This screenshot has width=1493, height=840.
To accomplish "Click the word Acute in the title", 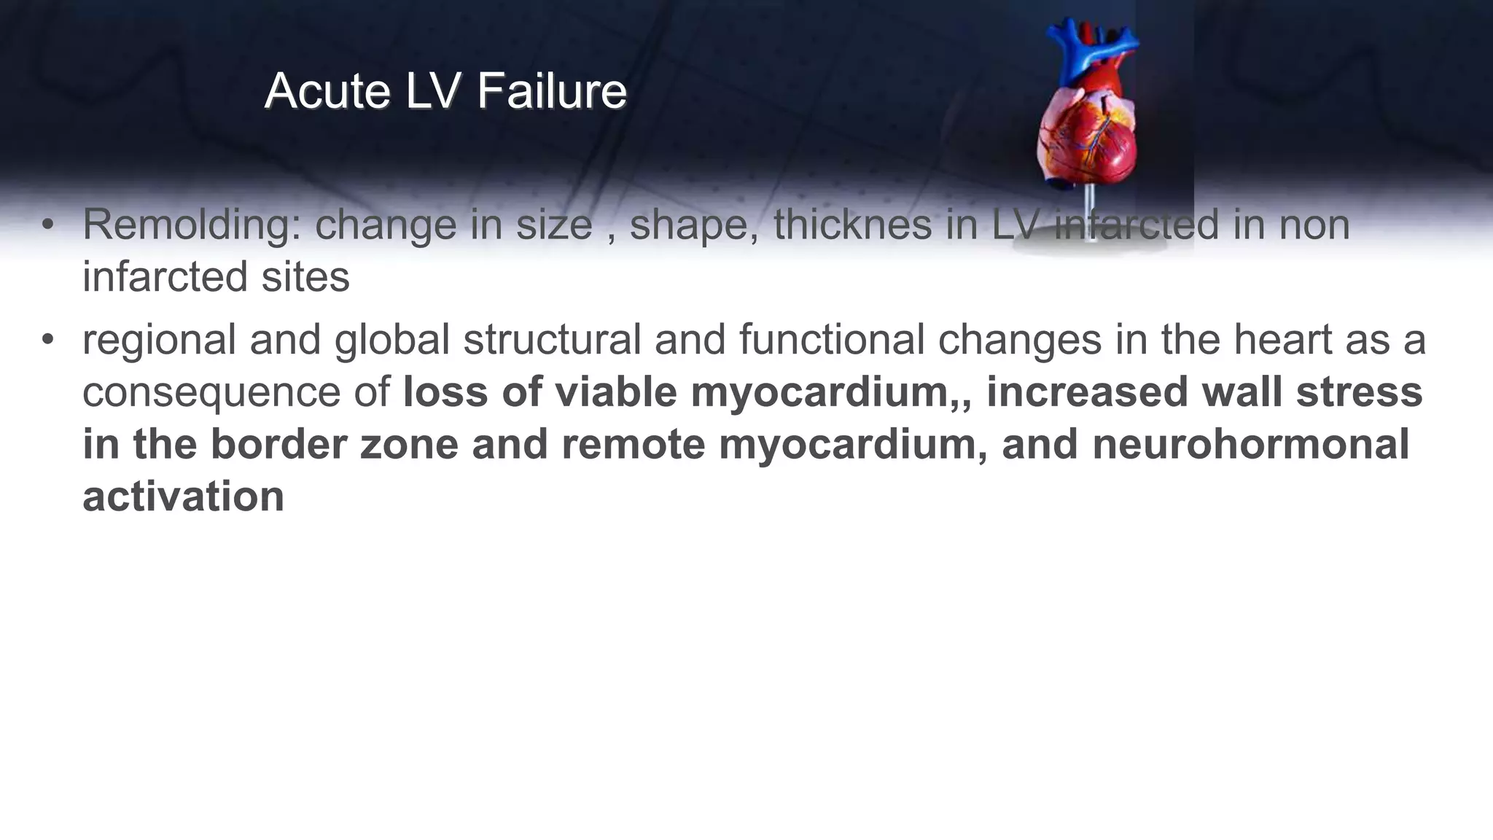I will pyautogui.click(x=327, y=92).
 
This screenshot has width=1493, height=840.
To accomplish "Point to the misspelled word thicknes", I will pyautogui.click(x=852, y=225).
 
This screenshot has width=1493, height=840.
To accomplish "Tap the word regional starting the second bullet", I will pyautogui.click(x=159, y=341).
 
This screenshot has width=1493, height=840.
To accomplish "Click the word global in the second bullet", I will pyautogui.click(x=392, y=341).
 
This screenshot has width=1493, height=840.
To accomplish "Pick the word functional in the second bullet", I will pyautogui.click(x=832, y=341).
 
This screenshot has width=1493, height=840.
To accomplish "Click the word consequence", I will pyautogui.click(x=212, y=393).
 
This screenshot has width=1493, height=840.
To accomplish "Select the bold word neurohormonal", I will pyautogui.click(x=1250, y=445).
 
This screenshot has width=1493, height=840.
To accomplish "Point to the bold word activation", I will pyautogui.click(x=183, y=497).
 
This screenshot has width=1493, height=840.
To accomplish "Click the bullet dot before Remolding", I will pyautogui.click(x=48, y=225).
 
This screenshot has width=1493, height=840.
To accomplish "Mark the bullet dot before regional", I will pyautogui.click(x=48, y=341).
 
